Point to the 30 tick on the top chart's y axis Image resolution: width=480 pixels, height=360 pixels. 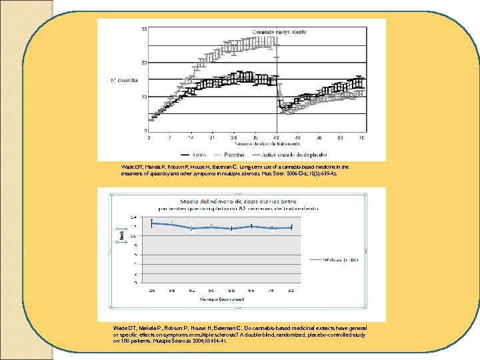(145, 29)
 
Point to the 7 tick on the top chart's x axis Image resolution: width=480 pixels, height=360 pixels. (170, 136)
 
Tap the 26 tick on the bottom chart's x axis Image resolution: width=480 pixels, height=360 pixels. (152, 290)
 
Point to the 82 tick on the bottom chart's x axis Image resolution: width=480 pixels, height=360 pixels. (292, 290)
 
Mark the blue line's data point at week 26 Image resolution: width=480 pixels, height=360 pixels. (152, 223)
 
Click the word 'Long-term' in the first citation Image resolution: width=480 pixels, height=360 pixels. (244, 167)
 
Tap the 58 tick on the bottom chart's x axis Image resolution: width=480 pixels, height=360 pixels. (232, 290)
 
